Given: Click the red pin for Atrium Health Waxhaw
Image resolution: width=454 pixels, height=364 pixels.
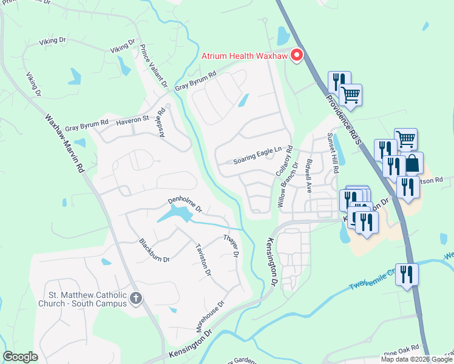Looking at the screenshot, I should (297, 55).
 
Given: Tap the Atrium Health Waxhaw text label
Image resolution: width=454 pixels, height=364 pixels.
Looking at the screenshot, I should (245, 58).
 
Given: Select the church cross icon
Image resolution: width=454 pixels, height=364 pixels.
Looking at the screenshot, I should (137, 298).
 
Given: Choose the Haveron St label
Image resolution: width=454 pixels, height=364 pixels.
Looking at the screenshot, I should (132, 120).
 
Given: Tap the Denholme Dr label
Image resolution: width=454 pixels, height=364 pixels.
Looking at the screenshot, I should (185, 205).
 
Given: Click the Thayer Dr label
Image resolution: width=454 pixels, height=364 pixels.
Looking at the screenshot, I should (231, 245).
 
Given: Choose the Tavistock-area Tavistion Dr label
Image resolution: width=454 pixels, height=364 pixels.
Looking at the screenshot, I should (203, 259).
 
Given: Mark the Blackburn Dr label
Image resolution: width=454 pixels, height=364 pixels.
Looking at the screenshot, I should (154, 250).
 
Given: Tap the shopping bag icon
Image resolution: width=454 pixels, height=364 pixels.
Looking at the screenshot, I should (413, 163).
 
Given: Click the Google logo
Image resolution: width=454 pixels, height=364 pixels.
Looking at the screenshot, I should (20, 357).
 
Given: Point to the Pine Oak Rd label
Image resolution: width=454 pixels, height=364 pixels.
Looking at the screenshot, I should (402, 348).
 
